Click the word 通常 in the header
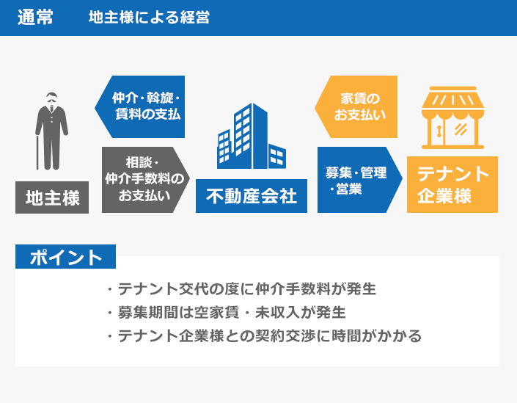(x=34, y=18)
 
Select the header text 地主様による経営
(x=149, y=18)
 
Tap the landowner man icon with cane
(x=51, y=132)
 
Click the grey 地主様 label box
(x=52, y=197)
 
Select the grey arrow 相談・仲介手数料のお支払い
(x=145, y=179)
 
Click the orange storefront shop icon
(x=452, y=119)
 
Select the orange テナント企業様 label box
(x=452, y=184)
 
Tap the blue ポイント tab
(x=65, y=258)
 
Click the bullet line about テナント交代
(x=241, y=288)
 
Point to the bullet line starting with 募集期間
(x=225, y=313)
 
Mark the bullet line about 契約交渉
(x=264, y=337)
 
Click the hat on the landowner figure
(x=51, y=96)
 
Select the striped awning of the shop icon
(x=452, y=103)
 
